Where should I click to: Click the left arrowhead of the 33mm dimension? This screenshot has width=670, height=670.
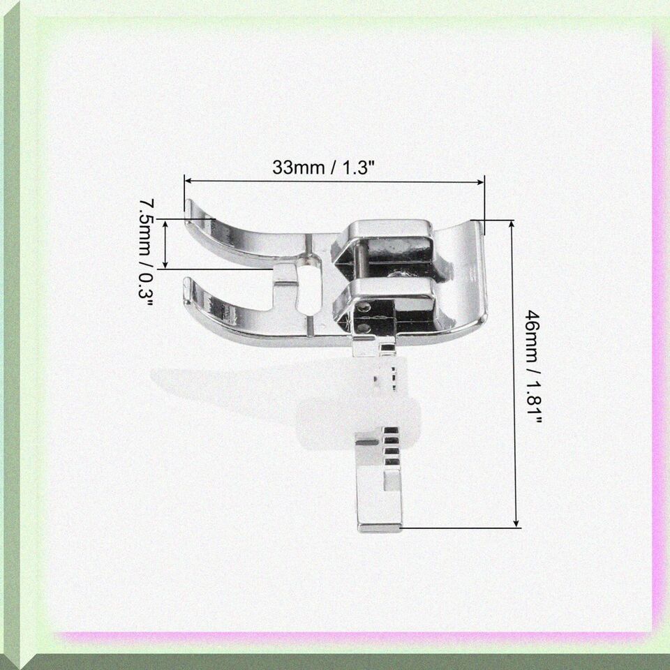[x=188, y=181]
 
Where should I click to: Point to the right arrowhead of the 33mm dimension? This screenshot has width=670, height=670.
[x=481, y=182]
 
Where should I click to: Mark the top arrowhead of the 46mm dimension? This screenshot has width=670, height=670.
[x=512, y=224]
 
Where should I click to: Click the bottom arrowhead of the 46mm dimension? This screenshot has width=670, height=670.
[x=516, y=523]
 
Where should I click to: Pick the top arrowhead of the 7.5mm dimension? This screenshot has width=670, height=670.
[x=166, y=223]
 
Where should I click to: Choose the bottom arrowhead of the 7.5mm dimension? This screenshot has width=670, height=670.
[x=166, y=265]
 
